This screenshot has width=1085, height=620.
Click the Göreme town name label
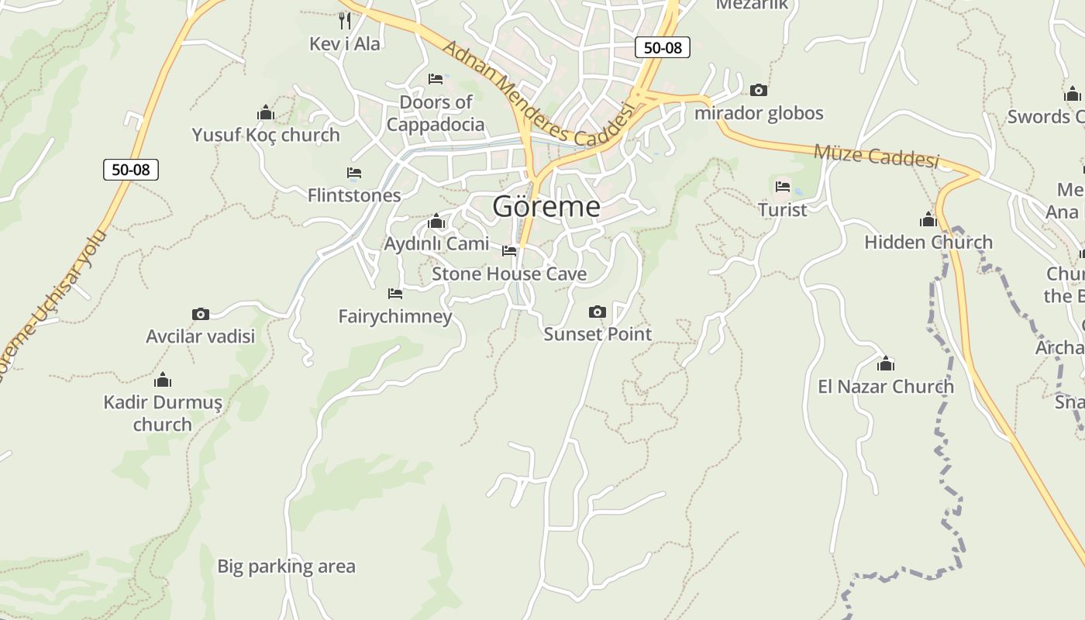pos(546,207)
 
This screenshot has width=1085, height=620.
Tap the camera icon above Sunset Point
pos(597,312)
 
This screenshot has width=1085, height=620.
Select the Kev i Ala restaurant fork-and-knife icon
pos(345,20)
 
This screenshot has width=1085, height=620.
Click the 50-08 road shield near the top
pos(663,47)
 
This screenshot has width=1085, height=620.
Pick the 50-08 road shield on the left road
pos(131,169)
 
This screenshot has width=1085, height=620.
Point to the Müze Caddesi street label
pos(876,156)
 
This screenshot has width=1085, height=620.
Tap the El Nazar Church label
pos(886,386)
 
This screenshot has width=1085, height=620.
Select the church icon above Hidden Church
pos(928,219)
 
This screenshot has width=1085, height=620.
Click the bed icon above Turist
pos(783,187)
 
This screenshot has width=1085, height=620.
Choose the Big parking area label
pos(286,567)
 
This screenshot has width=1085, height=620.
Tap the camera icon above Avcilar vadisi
pos(201,314)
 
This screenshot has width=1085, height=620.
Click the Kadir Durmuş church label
pos(163,413)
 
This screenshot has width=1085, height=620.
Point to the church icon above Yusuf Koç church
pos(266,113)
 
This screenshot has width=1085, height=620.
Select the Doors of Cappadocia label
pos(436,113)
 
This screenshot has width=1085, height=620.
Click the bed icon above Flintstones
pos(354,173)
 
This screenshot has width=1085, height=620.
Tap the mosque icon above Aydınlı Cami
pos(436,222)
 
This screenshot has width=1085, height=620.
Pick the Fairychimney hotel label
pos(395,316)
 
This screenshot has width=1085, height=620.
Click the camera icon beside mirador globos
pos(759,91)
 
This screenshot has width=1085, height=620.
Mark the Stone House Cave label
pos(509,274)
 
